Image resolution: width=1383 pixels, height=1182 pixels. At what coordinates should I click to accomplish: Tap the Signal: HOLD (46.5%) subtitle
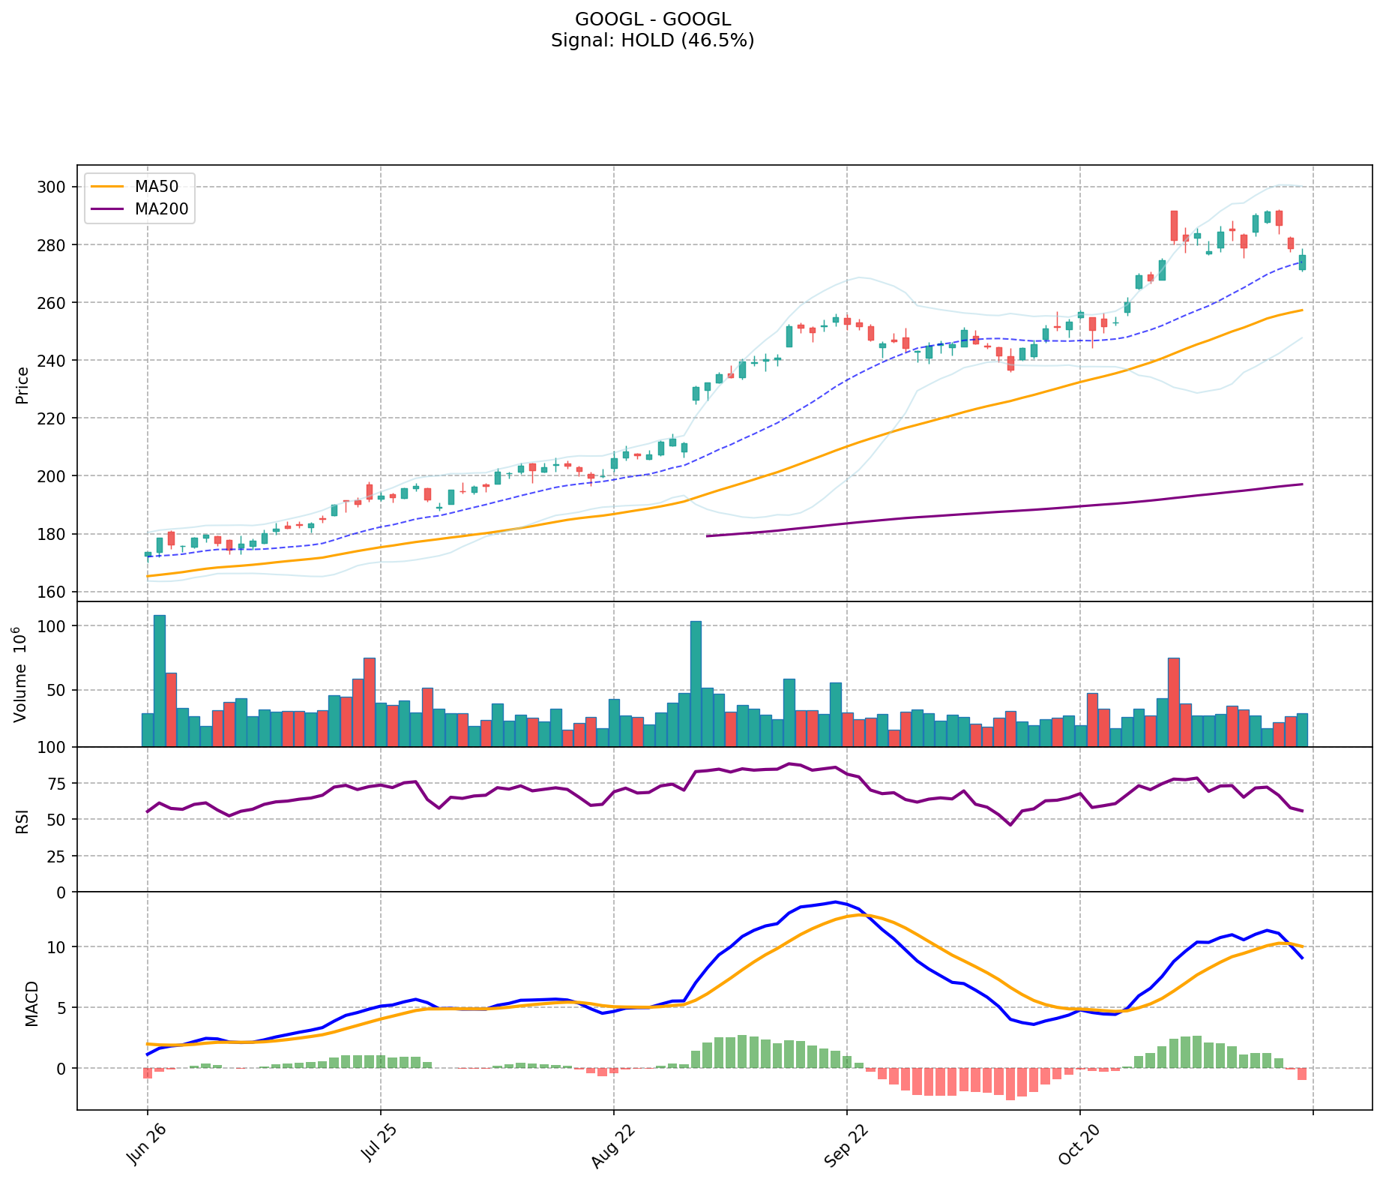(x=652, y=40)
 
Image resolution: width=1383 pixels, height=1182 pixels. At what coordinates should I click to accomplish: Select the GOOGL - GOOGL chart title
(x=652, y=19)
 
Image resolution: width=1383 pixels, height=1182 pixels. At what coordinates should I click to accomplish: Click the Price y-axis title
(x=22, y=385)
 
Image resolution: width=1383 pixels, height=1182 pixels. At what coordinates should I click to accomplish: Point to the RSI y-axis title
(x=22, y=821)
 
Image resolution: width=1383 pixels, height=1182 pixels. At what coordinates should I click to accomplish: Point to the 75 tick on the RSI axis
(x=58, y=784)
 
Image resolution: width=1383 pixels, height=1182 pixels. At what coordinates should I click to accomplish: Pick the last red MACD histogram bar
(x=1302, y=1074)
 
